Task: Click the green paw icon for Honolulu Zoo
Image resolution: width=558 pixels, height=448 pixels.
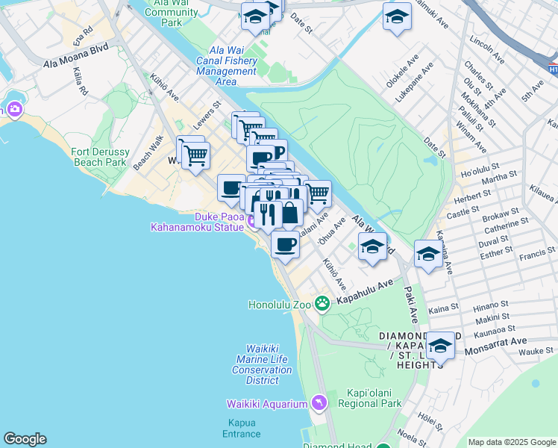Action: [x=322, y=302]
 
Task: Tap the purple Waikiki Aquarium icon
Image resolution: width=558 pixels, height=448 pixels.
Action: [x=319, y=403]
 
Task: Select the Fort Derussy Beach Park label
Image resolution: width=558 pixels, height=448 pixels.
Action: [x=99, y=157]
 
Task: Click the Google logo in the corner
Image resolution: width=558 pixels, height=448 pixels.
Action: [x=25, y=439]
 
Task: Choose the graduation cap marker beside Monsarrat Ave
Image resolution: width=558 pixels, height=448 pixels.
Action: [x=440, y=346]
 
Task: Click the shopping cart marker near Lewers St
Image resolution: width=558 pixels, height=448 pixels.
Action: [x=195, y=155]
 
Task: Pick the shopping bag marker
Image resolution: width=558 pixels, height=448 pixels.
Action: [x=289, y=214]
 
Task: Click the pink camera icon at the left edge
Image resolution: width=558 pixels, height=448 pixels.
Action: [x=15, y=110]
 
